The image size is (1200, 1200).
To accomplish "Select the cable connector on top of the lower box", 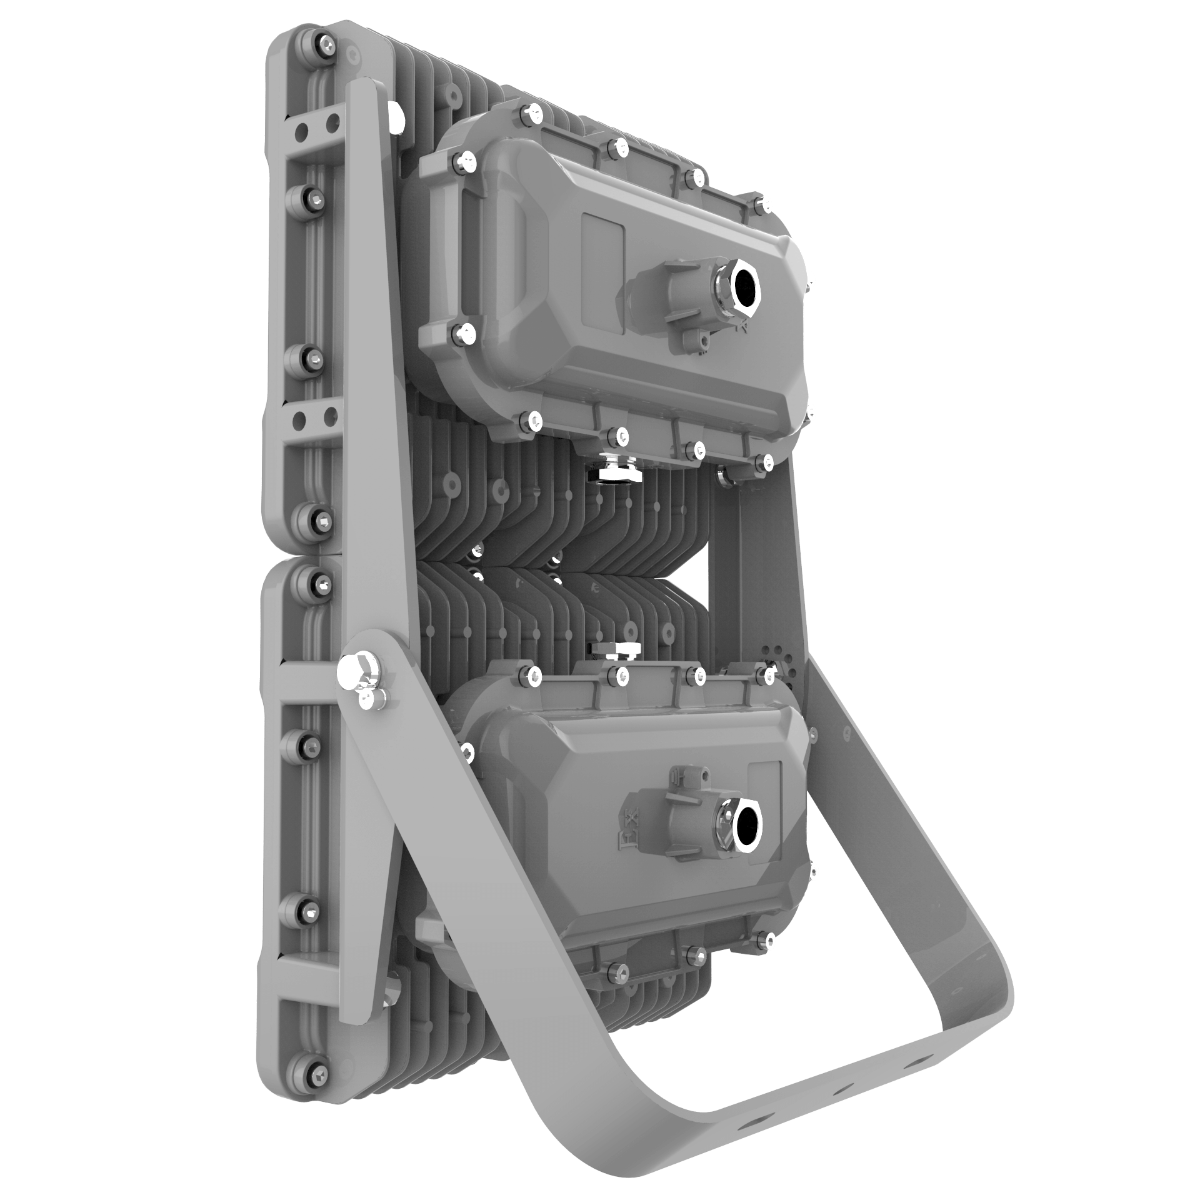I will pos(616,650).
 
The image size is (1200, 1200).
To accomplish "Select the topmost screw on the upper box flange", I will pos(531,112).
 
